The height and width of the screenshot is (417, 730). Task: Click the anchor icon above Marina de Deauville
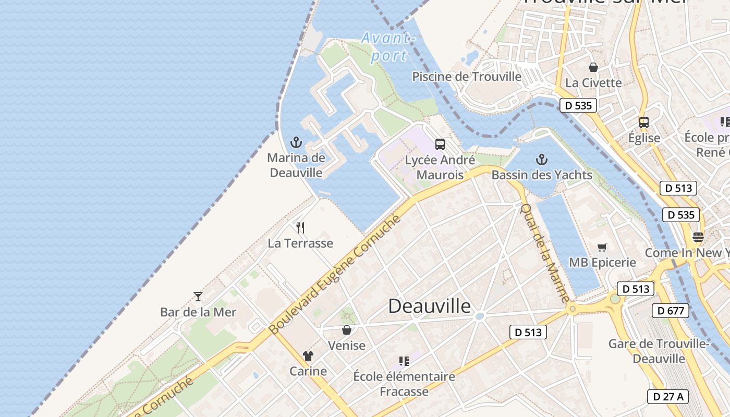pyautogui.click(x=296, y=142)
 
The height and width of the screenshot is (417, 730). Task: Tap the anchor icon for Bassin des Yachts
pyautogui.click(x=542, y=160)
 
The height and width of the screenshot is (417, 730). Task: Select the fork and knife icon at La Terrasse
pyautogui.click(x=300, y=228)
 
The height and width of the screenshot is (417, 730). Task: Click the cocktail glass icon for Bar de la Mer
pyautogui.click(x=198, y=297)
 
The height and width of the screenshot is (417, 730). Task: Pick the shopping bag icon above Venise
pyautogui.click(x=346, y=330)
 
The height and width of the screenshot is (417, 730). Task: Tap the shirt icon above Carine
pyautogui.click(x=308, y=356)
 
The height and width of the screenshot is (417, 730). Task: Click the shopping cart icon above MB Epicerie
pyautogui.click(x=602, y=247)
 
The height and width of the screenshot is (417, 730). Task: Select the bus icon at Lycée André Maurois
pyautogui.click(x=440, y=144)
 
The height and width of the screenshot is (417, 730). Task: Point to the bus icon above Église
pyautogui.click(x=644, y=122)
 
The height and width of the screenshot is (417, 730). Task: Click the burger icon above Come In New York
pyautogui.click(x=698, y=237)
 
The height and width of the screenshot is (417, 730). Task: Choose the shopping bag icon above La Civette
pyautogui.click(x=593, y=67)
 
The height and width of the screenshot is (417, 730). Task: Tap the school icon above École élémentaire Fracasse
pyautogui.click(x=404, y=361)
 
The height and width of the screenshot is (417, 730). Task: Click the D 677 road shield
pyautogui.click(x=670, y=311)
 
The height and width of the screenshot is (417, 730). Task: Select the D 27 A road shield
pyautogui.click(x=668, y=396)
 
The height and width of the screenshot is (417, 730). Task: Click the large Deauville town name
pyautogui.click(x=429, y=306)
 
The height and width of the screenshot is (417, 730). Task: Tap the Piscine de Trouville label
pyautogui.click(x=467, y=77)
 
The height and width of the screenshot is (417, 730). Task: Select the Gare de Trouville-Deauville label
pyautogui.click(x=659, y=351)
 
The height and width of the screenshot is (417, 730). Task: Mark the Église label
pyautogui.click(x=644, y=138)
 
